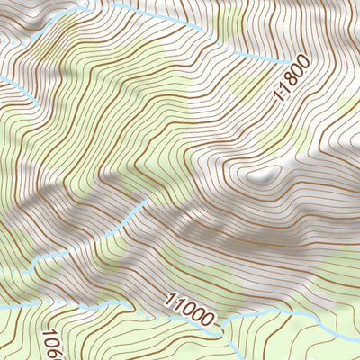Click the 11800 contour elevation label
292,78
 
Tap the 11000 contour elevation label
191,310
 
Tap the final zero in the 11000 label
212,319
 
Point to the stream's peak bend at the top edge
89,4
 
